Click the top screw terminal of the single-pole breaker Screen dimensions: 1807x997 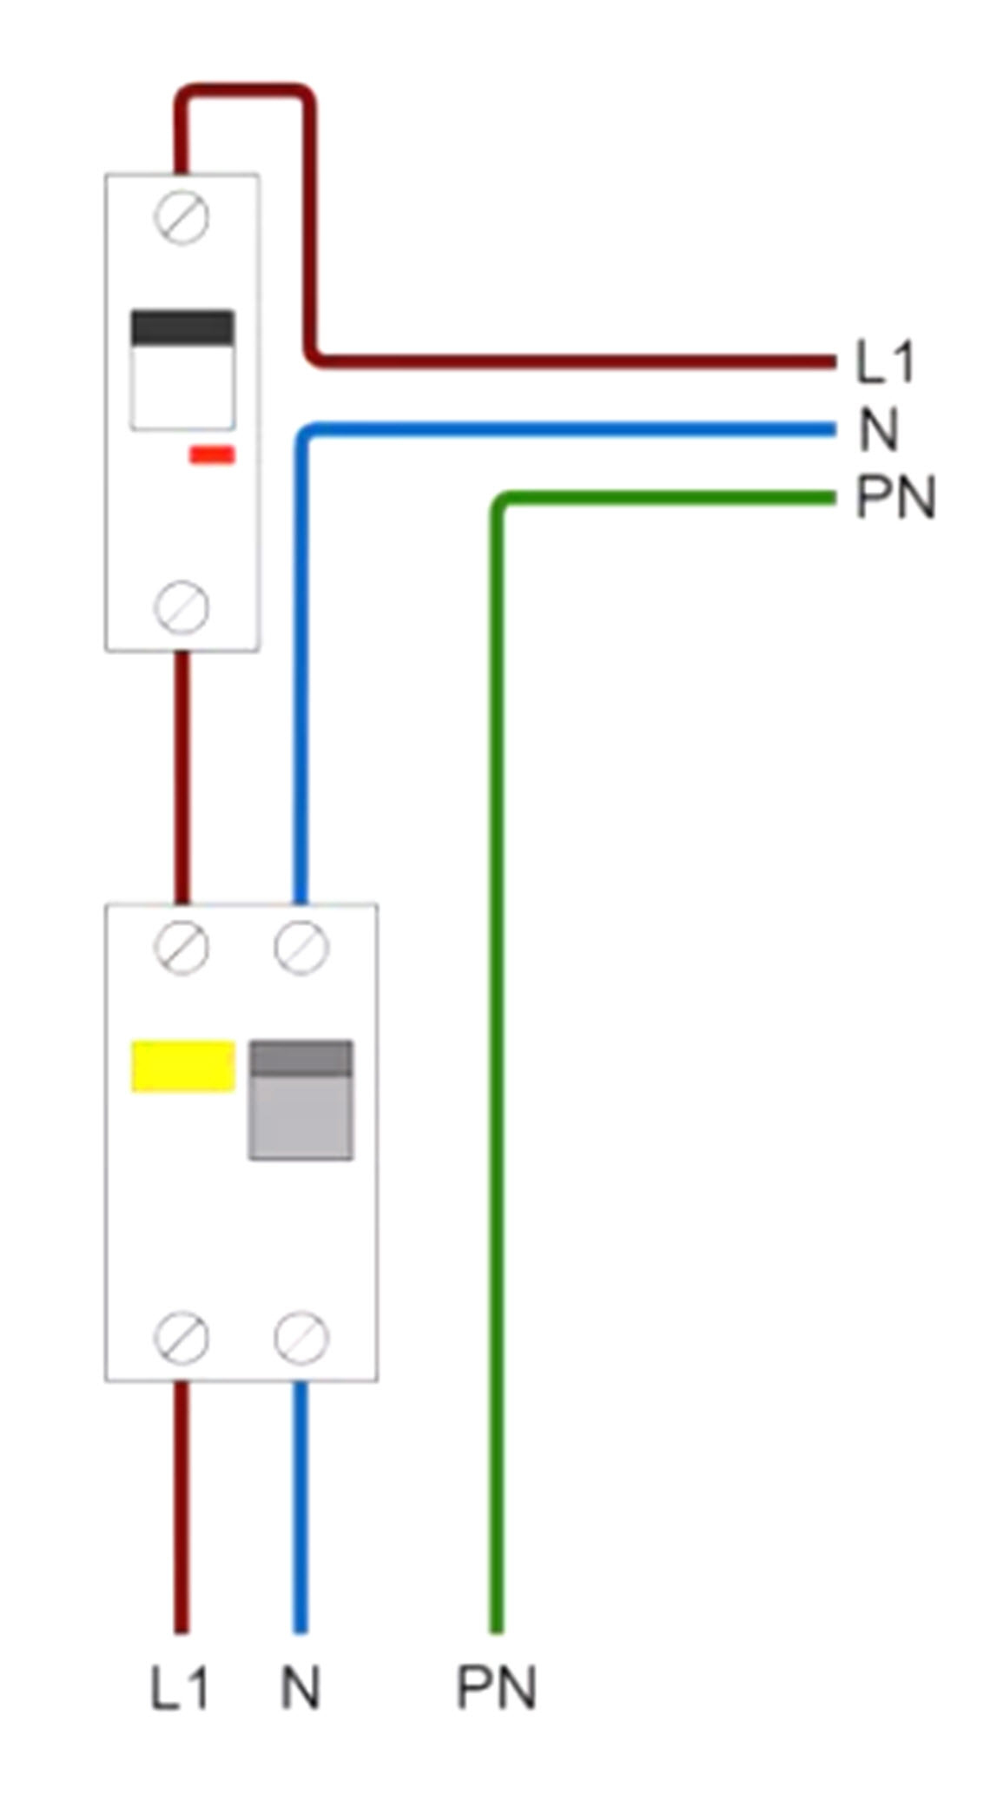click(x=182, y=217)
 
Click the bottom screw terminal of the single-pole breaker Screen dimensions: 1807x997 click(x=182, y=606)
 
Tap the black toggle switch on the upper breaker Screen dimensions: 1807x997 click(x=182, y=329)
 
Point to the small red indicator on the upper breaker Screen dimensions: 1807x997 click(x=212, y=454)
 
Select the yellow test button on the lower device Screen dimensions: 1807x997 click(x=182, y=1065)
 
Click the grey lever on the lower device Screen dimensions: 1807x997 click(x=301, y=1100)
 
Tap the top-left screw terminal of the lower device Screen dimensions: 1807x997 click(x=182, y=947)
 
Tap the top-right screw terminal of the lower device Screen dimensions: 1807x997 click(x=301, y=947)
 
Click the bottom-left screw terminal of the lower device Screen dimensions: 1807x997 click(x=182, y=1337)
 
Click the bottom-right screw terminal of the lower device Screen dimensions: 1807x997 click(x=301, y=1337)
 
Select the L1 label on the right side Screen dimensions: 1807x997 click(x=885, y=362)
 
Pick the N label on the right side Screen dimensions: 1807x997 click(x=878, y=430)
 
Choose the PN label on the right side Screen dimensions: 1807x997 click(x=895, y=498)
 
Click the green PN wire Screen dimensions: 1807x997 click(x=497, y=1042)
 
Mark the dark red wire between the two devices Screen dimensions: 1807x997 click(x=182, y=778)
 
